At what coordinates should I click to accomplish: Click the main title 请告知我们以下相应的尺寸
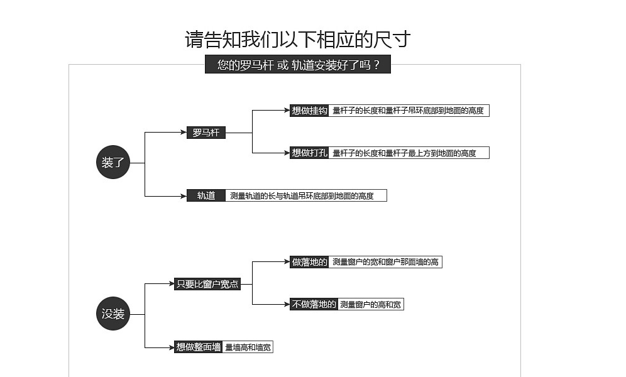[297, 39]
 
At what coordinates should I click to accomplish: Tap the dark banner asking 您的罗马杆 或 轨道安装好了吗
[298, 64]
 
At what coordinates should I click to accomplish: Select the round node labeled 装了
[113, 162]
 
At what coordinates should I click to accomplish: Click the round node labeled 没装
[113, 314]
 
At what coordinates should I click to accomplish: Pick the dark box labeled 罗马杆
[206, 133]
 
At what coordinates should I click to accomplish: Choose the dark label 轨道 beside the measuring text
[206, 195]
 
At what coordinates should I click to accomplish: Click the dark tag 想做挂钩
[309, 111]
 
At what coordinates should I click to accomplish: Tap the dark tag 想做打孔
[309, 153]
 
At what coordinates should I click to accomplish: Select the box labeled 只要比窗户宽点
[207, 284]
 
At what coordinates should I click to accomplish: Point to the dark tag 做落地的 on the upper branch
[309, 262]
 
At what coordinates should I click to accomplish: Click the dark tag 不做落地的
[314, 304]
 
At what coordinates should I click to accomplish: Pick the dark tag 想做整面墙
[199, 347]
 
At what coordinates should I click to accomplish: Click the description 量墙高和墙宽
[248, 347]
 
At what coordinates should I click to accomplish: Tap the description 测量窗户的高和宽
[370, 305]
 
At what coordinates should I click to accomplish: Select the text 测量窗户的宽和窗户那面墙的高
[385, 262]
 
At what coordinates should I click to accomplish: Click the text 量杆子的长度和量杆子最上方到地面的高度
[404, 153]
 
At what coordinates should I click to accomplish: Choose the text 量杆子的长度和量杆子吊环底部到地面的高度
[408, 111]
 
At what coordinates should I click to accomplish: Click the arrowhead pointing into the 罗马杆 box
[184, 132]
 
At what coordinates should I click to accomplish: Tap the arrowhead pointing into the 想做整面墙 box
[171, 347]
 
